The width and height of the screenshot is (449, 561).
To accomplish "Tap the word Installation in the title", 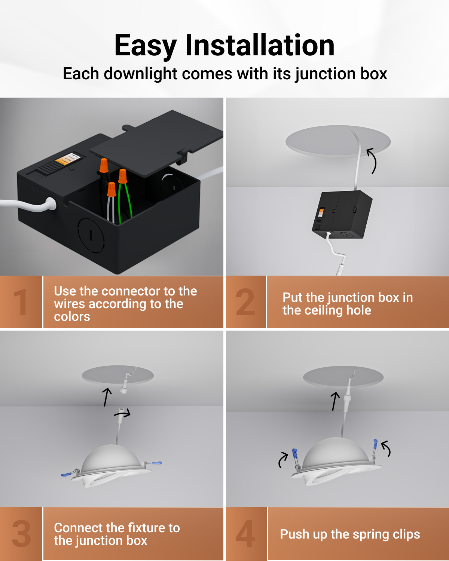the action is coord(260,45).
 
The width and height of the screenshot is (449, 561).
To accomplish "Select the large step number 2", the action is coord(245,303).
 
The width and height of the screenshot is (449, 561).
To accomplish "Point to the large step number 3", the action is coord(21,533).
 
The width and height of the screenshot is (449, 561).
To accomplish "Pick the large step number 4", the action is coord(245,533).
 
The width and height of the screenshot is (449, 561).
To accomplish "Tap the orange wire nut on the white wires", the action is coord(112,189).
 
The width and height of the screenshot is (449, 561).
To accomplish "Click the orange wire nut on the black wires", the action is coord(104,165).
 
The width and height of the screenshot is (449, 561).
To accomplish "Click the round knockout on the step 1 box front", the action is coord(91,236).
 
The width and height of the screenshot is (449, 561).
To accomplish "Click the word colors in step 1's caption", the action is coord(72,317).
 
